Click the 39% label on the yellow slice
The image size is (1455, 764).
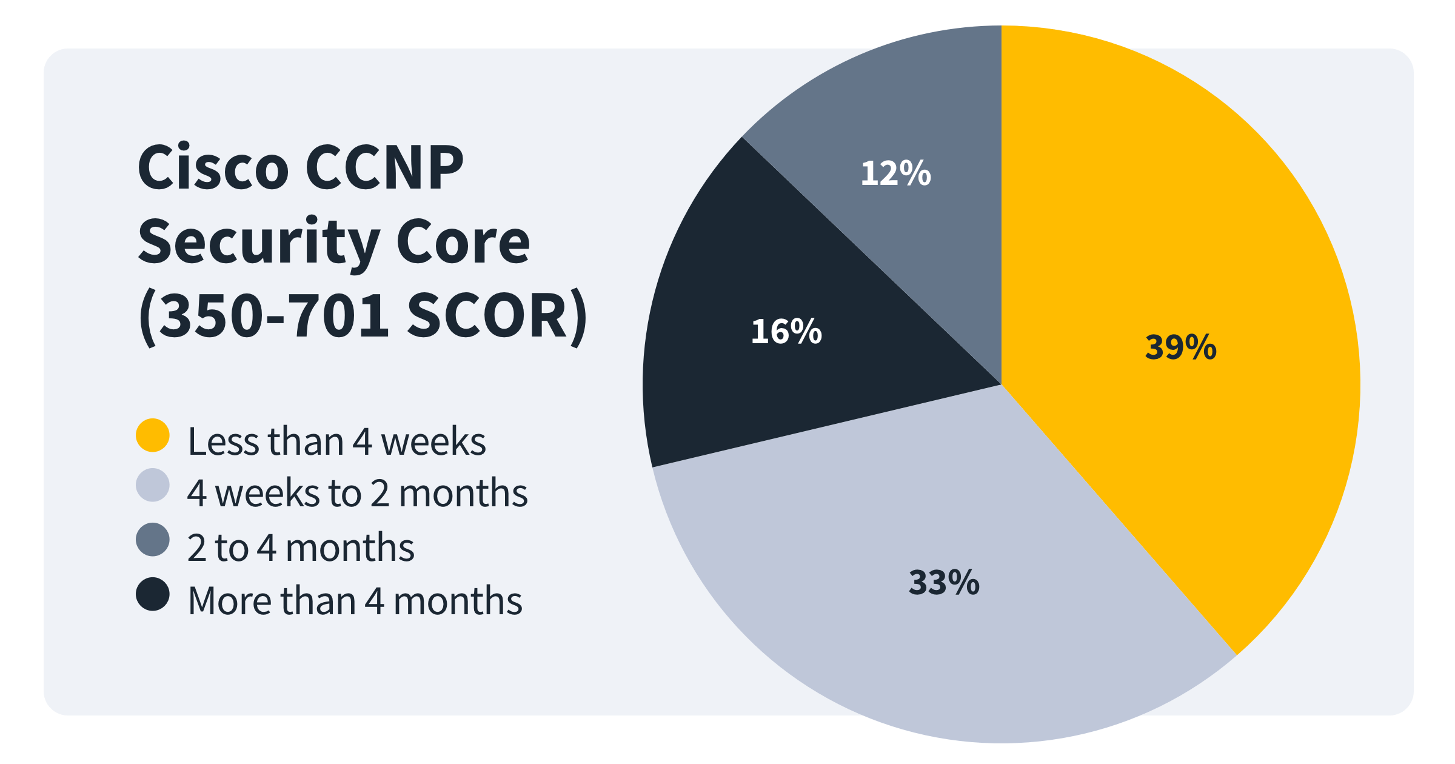[1180, 347]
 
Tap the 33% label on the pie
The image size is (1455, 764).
[944, 582]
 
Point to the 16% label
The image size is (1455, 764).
[786, 332]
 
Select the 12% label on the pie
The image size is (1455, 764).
[895, 173]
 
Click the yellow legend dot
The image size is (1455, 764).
[153, 435]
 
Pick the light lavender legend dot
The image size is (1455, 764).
[153, 485]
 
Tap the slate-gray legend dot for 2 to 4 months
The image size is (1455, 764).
[153, 540]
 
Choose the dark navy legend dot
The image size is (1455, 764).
[153, 594]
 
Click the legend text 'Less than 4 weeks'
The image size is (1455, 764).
[336, 441]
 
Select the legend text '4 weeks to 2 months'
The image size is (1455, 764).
[357, 492]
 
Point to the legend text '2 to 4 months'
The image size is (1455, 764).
[301, 547]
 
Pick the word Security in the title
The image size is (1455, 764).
[259, 243]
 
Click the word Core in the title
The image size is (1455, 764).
[463, 243]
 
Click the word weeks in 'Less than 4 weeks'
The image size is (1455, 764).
[433, 441]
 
